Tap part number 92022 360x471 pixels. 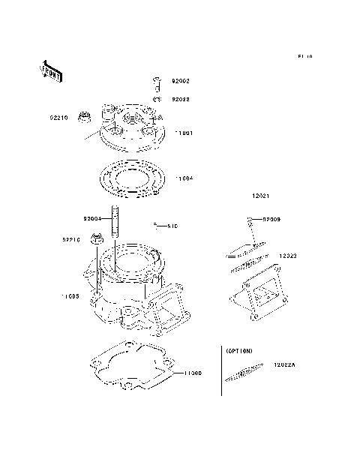181,98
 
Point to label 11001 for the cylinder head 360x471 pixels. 184,133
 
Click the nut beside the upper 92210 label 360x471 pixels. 85,118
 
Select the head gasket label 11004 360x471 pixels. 184,178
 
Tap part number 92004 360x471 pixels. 92,219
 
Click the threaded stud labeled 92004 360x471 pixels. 115,221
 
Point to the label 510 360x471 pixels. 172,225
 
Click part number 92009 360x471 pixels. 271,219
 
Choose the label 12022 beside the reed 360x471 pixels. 289,256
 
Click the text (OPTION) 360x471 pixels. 239,350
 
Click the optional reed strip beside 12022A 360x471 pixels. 244,373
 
